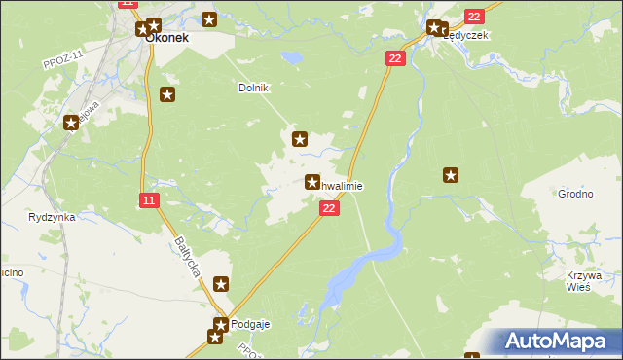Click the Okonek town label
166,41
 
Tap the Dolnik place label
253,88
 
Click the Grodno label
575,194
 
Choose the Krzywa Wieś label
584,281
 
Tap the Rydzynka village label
53,217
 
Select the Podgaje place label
249,324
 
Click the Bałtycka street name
188,257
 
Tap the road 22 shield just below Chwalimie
330,208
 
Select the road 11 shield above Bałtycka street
147,200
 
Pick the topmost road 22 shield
474,17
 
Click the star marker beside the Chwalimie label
313,182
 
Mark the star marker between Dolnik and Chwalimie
301,139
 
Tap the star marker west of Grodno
451,175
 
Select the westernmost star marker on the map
71,123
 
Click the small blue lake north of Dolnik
291,58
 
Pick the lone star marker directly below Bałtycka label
221,285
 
